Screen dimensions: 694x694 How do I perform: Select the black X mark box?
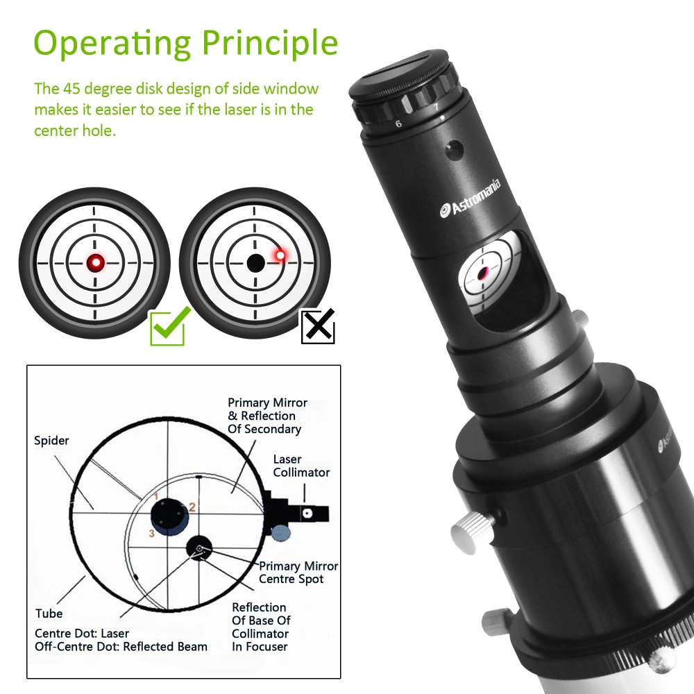tap(319, 326)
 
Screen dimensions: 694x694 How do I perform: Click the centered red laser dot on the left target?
tap(95, 262)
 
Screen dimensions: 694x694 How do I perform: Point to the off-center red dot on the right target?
tap(280, 256)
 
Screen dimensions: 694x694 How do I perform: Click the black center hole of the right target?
tap(255, 263)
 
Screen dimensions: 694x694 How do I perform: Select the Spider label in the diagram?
tap(51, 441)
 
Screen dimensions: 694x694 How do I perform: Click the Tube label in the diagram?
tap(49, 613)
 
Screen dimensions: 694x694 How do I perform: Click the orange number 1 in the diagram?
tap(158, 495)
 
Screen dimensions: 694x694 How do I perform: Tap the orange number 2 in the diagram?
tap(193, 507)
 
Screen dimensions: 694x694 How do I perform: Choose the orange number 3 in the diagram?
tap(150, 533)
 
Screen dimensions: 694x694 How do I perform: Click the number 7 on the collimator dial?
tap(436, 108)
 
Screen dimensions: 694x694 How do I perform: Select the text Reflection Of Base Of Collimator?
tap(260, 627)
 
